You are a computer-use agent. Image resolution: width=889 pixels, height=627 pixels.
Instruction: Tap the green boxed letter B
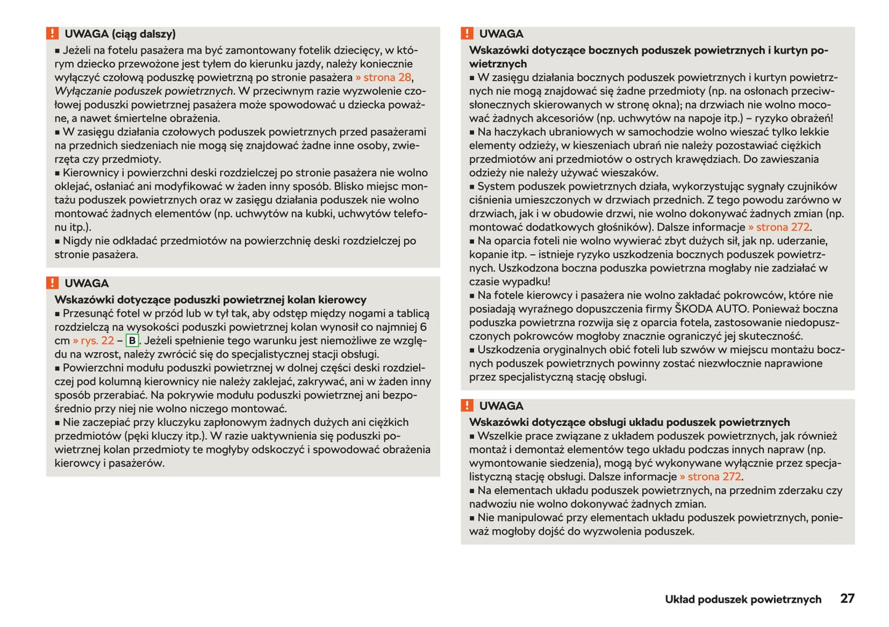point(132,341)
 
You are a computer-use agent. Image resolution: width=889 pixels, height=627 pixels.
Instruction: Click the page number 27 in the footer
point(847,598)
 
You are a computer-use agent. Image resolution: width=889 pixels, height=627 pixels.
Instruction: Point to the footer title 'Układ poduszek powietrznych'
point(743,599)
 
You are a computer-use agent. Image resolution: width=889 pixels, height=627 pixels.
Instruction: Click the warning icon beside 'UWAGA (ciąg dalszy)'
point(53,34)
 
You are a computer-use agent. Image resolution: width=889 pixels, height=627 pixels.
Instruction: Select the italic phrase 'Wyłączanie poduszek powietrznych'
point(144,91)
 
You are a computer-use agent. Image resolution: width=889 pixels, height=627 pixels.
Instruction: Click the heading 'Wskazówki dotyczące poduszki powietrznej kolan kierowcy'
point(210,300)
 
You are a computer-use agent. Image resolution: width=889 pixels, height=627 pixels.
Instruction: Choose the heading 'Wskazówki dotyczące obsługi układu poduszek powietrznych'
point(629,422)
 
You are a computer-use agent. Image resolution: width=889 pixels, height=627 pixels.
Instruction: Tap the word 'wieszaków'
point(631,173)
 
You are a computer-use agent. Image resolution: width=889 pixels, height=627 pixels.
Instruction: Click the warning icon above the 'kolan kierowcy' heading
point(53,283)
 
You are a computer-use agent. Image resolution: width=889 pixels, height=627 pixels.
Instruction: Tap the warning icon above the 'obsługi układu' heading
point(468,405)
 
